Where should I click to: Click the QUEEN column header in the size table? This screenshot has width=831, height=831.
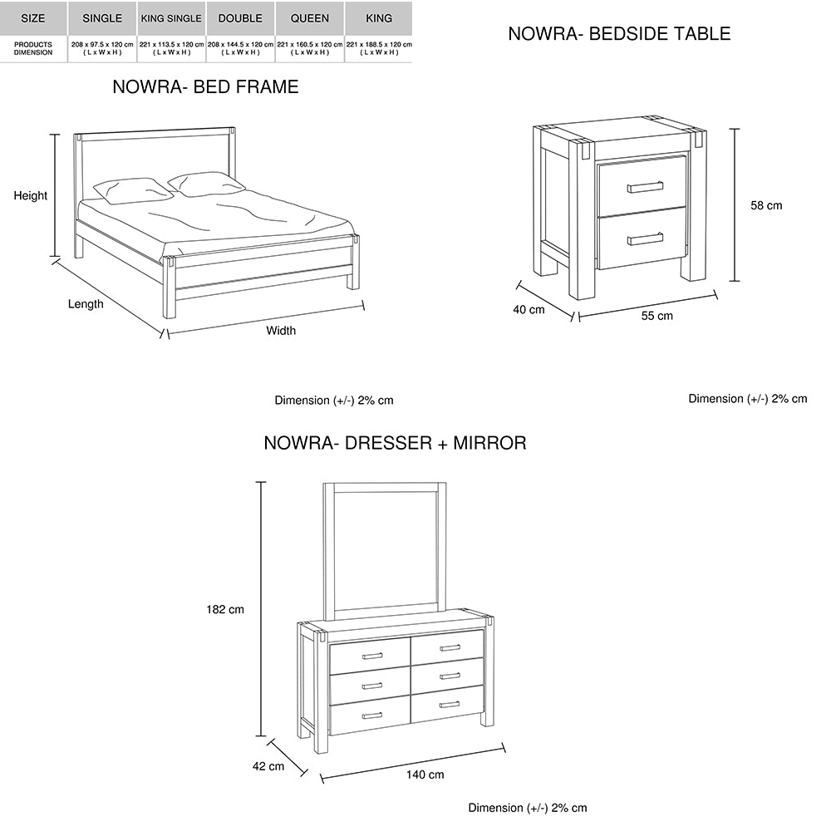(x=309, y=18)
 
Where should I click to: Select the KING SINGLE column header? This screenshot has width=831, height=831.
(x=171, y=18)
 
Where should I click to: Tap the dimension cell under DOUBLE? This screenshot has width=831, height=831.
(x=240, y=48)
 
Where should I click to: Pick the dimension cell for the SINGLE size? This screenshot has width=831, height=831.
(x=102, y=48)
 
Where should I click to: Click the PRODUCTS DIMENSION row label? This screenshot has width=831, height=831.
(x=33, y=48)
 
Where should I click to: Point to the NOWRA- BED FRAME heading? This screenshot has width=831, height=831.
(x=205, y=87)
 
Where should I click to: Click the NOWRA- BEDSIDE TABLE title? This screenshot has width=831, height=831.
(x=619, y=34)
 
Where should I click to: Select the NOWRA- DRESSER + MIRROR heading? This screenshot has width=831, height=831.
(x=395, y=443)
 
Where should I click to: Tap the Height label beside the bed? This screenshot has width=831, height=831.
(x=30, y=195)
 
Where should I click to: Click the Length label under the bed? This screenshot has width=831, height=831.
(x=86, y=304)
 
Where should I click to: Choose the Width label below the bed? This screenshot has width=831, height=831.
(x=281, y=331)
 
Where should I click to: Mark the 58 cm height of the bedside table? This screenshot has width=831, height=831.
(x=766, y=205)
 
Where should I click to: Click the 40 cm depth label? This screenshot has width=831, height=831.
(x=529, y=309)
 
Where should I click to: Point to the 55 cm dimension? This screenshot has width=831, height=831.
(x=657, y=316)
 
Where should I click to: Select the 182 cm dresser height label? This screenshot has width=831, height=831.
(x=225, y=609)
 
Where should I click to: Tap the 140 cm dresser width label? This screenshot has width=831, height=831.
(x=425, y=774)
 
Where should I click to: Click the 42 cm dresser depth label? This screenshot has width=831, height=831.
(x=268, y=766)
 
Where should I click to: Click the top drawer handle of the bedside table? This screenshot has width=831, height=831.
(x=645, y=187)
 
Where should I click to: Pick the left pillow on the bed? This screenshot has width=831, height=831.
(x=133, y=190)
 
